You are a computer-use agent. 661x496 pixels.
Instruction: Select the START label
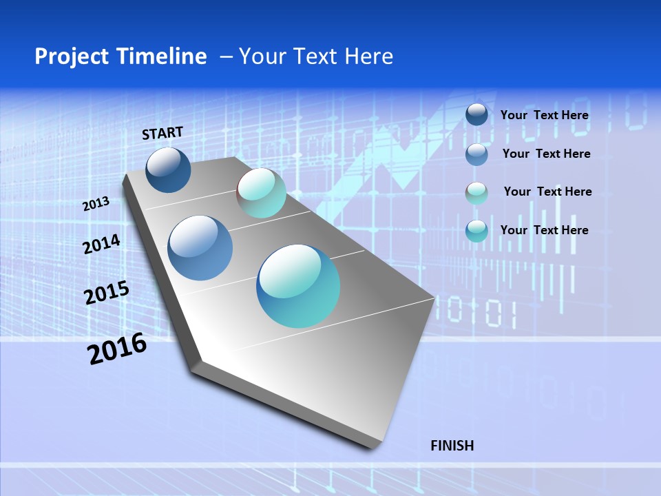pyautogui.click(x=162, y=133)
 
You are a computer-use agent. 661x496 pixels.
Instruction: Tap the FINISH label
pyautogui.click(x=452, y=446)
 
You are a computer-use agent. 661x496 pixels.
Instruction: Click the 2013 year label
pyautogui.click(x=96, y=205)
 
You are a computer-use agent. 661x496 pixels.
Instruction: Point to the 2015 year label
pyautogui.click(x=107, y=293)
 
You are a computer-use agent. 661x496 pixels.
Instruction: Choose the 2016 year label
pyautogui.click(x=117, y=349)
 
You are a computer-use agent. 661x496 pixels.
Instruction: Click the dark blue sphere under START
pyautogui.click(x=168, y=170)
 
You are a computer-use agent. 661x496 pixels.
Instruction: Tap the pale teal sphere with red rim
pyautogui.click(x=262, y=193)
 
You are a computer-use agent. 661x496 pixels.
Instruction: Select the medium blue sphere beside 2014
pyautogui.click(x=200, y=248)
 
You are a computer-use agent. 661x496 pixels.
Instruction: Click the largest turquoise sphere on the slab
pyautogui.click(x=298, y=286)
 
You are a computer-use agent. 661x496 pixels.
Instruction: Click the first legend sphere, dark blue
pyautogui.click(x=476, y=114)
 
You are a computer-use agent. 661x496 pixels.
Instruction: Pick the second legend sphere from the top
pyautogui.click(x=476, y=154)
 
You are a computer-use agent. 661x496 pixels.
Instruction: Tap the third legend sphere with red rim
pyautogui.click(x=476, y=192)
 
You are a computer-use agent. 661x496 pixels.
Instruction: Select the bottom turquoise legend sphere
pyautogui.click(x=476, y=230)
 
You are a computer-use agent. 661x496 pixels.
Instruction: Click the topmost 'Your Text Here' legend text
pyautogui.click(x=544, y=115)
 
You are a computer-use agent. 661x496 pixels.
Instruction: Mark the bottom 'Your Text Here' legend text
pyautogui.click(x=544, y=230)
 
